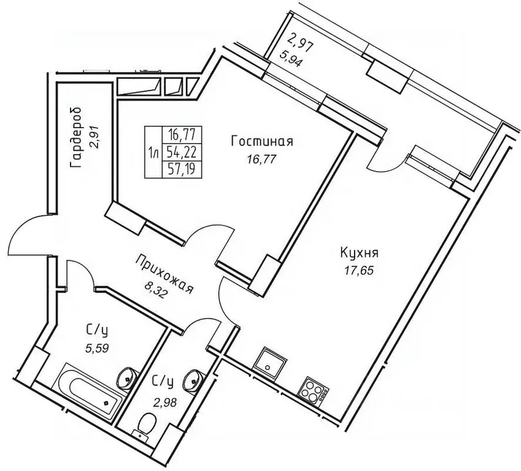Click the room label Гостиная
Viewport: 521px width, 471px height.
[262, 142]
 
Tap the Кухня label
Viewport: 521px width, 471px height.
[360, 253]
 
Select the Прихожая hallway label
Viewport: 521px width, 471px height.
[164, 274]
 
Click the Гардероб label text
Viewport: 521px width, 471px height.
[77, 137]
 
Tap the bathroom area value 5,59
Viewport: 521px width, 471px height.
[97, 348]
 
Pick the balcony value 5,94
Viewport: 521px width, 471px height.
[291, 59]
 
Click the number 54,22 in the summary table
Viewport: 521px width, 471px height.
[182, 153]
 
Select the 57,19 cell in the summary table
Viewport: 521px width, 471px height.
[182, 169]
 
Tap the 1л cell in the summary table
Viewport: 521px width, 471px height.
[153, 153]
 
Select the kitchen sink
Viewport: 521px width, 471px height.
[269, 362]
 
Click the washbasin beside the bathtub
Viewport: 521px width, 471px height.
[127, 377]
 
